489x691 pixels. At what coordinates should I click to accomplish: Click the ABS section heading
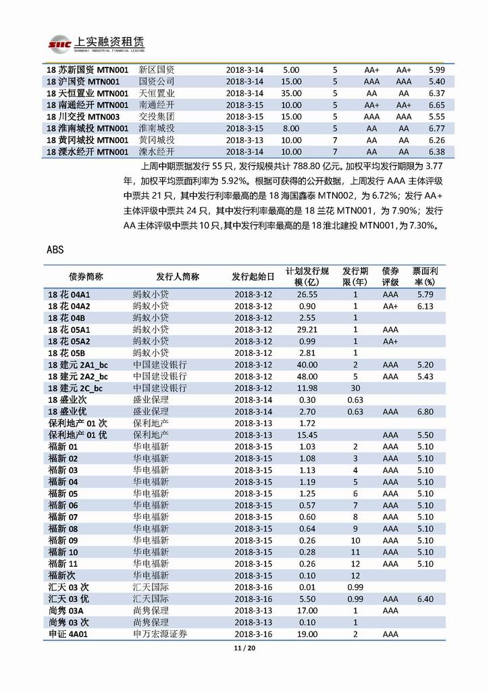click(55, 249)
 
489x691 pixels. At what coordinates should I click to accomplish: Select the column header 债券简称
click(86, 276)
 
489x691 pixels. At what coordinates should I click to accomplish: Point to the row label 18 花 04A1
click(69, 295)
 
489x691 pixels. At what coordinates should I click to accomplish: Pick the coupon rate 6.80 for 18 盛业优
click(425, 411)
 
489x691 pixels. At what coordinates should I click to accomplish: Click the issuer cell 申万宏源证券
click(160, 634)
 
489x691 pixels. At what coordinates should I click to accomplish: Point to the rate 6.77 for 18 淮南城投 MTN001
click(436, 128)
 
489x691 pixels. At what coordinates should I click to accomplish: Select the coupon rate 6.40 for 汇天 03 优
click(425, 599)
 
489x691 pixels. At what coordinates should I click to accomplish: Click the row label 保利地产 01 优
click(78, 435)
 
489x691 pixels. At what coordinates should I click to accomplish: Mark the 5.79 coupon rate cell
click(425, 295)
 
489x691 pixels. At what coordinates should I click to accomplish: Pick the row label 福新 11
click(63, 563)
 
